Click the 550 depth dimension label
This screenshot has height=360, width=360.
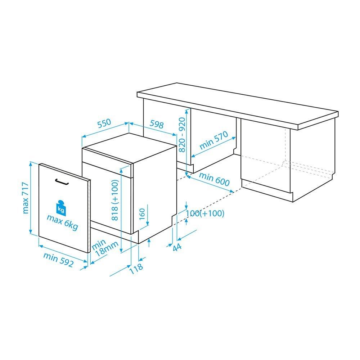pyautogui.click(x=104, y=123)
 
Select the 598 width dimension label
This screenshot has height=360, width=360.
pyautogui.click(x=157, y=124)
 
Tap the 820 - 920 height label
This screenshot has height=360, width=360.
pyautogui.click(x=182, y=135)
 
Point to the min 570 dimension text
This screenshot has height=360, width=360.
pyautogui.click(x=214, y=140)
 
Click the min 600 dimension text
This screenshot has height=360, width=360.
pyautogui.click(x=214, y=179)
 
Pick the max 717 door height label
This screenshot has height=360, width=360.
pyautogui.click(x=26, y=198)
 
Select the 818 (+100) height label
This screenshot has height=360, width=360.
pyautogui.click(x=115, y=200)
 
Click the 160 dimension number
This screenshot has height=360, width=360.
pyautogui.click(x=142, y=213)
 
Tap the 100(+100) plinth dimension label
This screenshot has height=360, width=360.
pyautogui.click(x=205, y=213)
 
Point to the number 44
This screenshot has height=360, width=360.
pyautogui.click(x=177, y=247)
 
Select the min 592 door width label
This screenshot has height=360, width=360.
pyautogui.click(x=58, y=260)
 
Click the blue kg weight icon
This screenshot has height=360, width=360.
pyautogui.click(x=61, y=208)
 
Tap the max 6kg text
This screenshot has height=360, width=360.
pyautogui.click(x=62, y=222)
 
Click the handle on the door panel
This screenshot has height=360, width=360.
pyautogui.click(x=62, y=181)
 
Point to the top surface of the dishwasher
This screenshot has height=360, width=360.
pyautogui.click(x=129, y=148)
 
